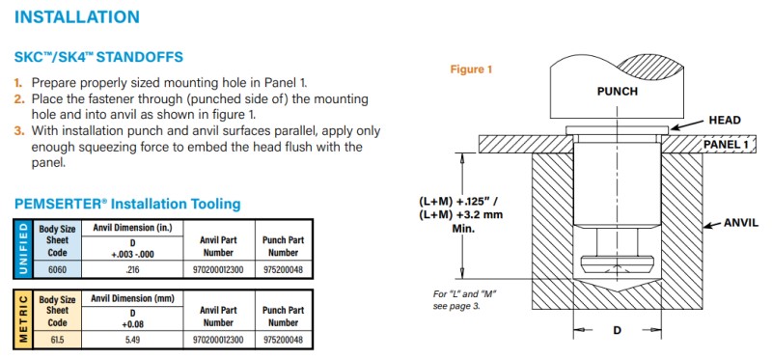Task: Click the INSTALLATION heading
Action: [77, 16]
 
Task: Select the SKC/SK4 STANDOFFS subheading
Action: [98, 57]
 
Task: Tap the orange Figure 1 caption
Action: [471, 69]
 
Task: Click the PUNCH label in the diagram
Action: [617, 91]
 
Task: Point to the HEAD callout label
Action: [725, 121]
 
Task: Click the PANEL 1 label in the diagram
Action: [728, 144]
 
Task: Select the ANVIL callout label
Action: [741, 223]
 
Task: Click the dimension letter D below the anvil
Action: [617, 330]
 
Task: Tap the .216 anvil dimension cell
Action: [132, 270]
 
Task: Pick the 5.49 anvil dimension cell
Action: [132, 341]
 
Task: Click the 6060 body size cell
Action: [57, 270]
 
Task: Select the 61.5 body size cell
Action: [57, 341]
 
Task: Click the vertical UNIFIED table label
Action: [22, 249]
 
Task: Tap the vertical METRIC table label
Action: [22, 319]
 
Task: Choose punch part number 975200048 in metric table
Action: [283, 341]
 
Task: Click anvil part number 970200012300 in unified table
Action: [218, 270]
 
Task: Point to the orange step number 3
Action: [18, 131]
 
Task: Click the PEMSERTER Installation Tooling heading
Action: [127, 204]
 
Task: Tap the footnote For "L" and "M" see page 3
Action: [464, 300]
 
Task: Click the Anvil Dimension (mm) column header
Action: [132, 298]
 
